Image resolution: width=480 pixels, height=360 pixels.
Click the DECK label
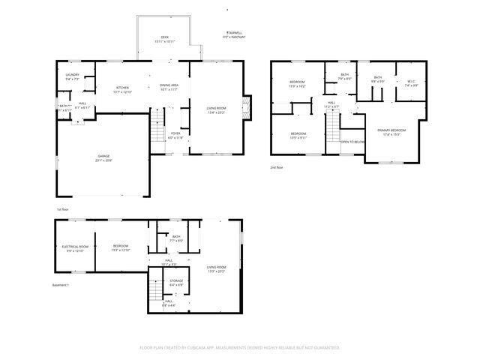[x=165, y=37]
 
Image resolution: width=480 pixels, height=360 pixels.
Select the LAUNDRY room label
[x=72, y=75]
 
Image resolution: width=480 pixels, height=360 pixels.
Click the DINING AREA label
[x=169, y=87]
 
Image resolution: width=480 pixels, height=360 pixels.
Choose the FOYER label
[x=175, y=135]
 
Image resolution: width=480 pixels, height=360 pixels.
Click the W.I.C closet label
[x=411, y=81]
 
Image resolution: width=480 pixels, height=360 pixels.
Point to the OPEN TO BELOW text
[x=353, y=141]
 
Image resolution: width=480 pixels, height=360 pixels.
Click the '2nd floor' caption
[x=277, y=167]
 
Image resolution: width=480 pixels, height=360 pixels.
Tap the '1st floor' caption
[x=63, y=209]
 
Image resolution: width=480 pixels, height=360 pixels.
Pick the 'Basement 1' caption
[x=60, y=285]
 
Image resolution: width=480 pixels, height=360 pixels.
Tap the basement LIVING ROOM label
[x=217, y=267]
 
